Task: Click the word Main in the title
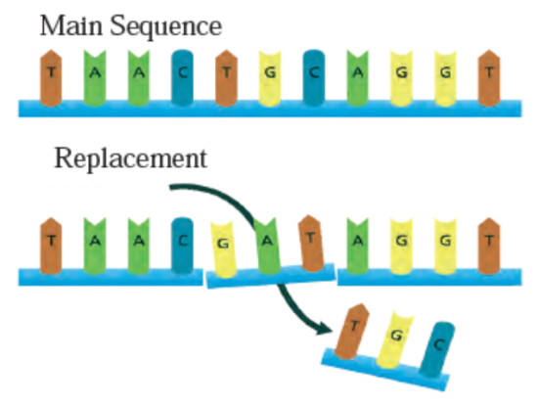coord(71,25)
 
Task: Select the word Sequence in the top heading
coord(166,27)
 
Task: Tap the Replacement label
coord(131,158)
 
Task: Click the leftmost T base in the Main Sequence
coord(51,77)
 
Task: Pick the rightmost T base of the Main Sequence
coord(489,77)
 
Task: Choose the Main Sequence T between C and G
coord(226,77)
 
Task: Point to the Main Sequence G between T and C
coord(270,78)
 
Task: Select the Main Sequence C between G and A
coord(314,77)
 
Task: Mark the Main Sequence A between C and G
coord(357,78)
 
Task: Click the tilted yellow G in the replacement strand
coord(223,249)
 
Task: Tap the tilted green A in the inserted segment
coord(267,247)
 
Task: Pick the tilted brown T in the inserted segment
coord(311,244)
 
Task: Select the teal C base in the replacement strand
coord(182,246)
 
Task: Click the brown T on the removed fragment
coord(352,332)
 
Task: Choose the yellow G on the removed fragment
coord(395,340)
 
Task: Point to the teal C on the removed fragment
coord(437,349)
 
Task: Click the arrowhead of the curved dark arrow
coord(324,328)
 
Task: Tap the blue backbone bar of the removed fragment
coord(385,369)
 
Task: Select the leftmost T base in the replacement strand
coord(51,246)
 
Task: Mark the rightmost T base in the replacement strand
coord(489,246)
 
